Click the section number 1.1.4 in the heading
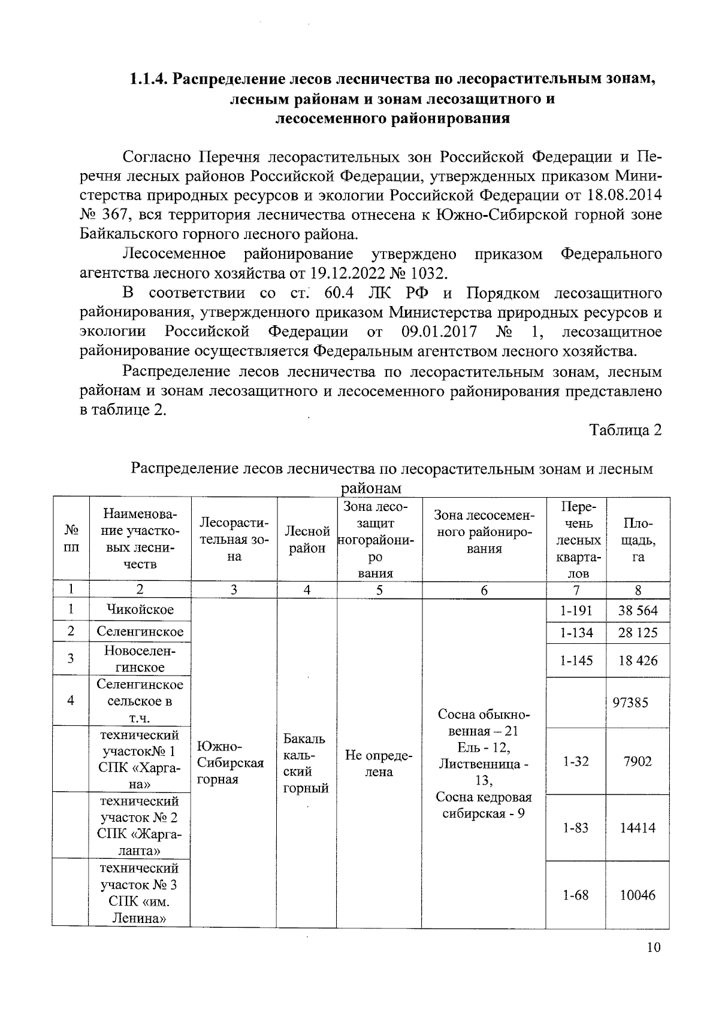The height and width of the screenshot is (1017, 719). click(x=148, y=80)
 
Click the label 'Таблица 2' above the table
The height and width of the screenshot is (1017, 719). click(x=626, y=430)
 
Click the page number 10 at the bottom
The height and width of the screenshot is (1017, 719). click(x=654, y=948)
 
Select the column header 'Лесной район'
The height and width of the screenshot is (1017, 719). click(x=307, y=540)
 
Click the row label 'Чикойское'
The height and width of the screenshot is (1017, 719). click(x=140, y=610)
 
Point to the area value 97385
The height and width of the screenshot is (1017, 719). click(x=630, y=702)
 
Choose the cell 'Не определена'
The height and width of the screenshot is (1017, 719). click(x=379, y=764)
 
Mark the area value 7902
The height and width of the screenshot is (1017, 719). click(x=638, y=762)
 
